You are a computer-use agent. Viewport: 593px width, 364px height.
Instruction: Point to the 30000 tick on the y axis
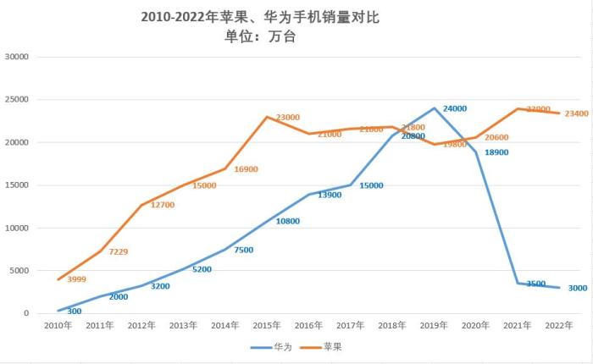pos(17,57)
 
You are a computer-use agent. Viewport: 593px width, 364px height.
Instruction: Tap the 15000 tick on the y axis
pos(17,185)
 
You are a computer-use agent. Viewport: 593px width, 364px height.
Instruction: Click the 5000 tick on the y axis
pos(19,271)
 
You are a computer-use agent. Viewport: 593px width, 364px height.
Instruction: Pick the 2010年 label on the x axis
pos(59,325)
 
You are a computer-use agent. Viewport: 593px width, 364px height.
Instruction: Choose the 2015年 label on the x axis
pos(267,325)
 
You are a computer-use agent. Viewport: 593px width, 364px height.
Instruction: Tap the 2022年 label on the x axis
pos(558,325)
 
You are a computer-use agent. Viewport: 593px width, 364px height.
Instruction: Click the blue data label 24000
pos(455,109)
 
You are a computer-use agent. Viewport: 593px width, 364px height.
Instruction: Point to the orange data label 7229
pos(119,252)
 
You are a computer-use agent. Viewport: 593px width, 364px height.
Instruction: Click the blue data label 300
pos(75,312)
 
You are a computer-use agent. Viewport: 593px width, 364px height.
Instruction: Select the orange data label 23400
pos(576,113)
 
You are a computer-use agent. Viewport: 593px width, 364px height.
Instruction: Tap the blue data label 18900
pos(496,152)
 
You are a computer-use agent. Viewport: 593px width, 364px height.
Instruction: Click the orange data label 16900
pos(246,169)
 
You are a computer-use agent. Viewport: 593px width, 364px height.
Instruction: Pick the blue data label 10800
pos(287,222)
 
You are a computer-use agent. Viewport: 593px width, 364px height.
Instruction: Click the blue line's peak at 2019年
pos(434,108)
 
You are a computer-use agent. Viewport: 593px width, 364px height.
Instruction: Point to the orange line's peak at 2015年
pos(267,117)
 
